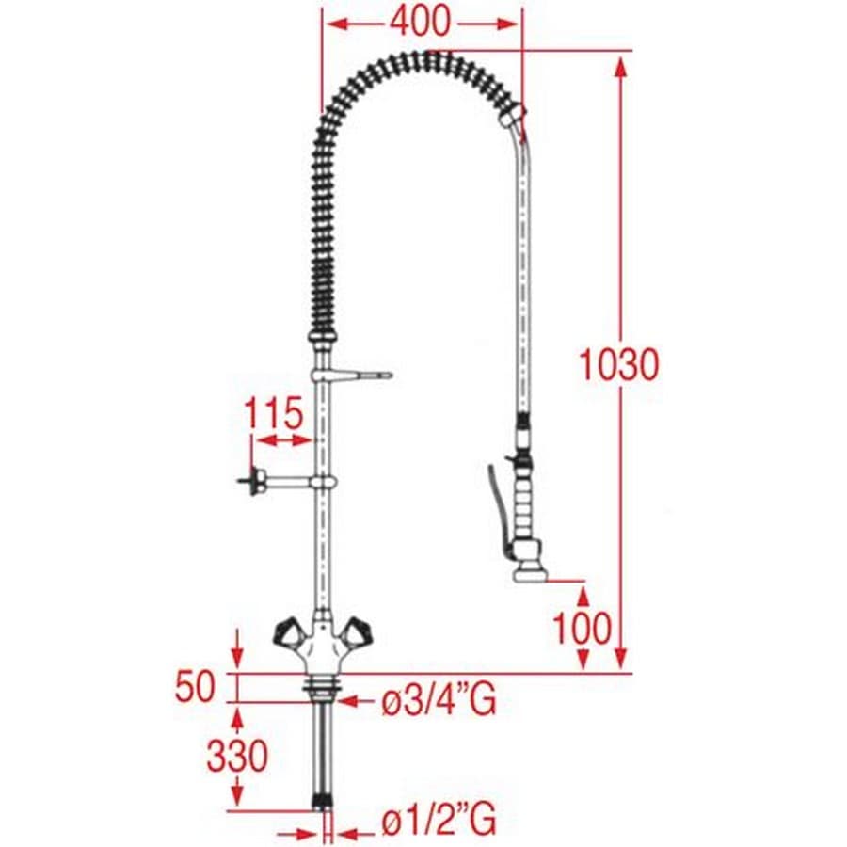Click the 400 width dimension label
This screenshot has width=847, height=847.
click(420, 23)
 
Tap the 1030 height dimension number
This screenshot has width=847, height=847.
click(619, 364)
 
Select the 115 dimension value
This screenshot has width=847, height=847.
click(274, 413)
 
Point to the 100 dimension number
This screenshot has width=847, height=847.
click(582, 628)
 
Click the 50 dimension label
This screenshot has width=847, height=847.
click(195, 687)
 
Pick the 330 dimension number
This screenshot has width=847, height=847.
click(237, 756)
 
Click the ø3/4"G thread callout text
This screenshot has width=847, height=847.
click(439, 700)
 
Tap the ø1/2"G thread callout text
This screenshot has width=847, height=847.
click(439, 820)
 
